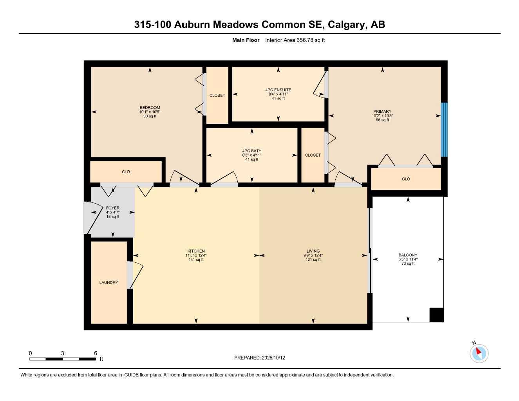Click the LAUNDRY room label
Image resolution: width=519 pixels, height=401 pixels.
pos(109,282)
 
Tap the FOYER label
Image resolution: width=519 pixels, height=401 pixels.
pos(113,208)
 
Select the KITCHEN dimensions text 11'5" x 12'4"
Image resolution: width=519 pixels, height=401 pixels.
pos(196,255)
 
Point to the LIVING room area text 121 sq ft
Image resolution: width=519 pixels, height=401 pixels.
pos(313,260)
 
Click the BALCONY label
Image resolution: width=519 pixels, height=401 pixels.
pos(408,255)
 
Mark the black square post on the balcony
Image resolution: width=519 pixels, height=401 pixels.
pos(436,315)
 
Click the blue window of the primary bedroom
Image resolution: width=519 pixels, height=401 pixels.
pos(444,130)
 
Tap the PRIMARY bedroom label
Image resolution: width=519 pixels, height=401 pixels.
pos(382,112)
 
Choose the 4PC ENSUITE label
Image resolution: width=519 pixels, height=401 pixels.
pos(278,90)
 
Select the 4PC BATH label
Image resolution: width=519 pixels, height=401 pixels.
pos(251,151)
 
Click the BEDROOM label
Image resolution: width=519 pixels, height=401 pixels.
pos(150,108)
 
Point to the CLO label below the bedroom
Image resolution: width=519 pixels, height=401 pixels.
pos(126,172)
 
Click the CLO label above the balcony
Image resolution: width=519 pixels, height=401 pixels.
pos(406,179)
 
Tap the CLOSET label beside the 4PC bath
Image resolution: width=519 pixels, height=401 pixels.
pos(313,155)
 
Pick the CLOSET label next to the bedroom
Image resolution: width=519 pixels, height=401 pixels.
pos(217,96)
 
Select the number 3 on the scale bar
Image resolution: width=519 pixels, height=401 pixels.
pos(63,353)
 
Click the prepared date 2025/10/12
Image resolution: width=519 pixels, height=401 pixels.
pos(273,358)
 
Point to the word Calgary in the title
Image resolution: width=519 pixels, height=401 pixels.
pos(345,25)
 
